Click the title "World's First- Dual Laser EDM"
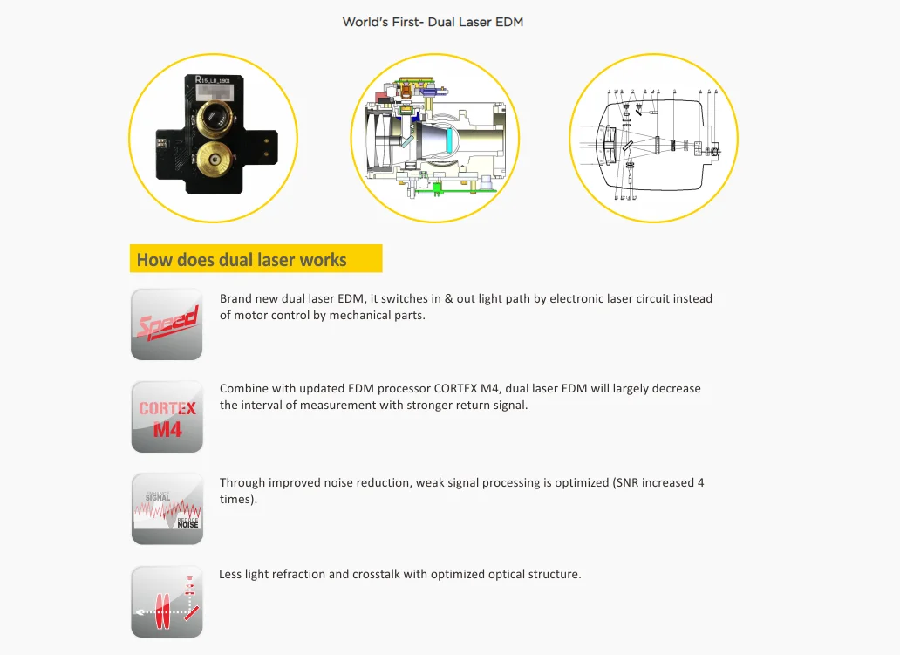click(433, 22)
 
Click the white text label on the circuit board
click(217, 80)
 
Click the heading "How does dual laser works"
click(242, 260)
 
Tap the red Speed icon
click(167, 324)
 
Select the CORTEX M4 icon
click(167, 418)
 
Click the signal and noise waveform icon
click(167, 510)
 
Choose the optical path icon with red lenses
click(167, 602)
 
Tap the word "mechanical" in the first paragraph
click(361, 315)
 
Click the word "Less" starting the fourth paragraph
click(231, 574)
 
